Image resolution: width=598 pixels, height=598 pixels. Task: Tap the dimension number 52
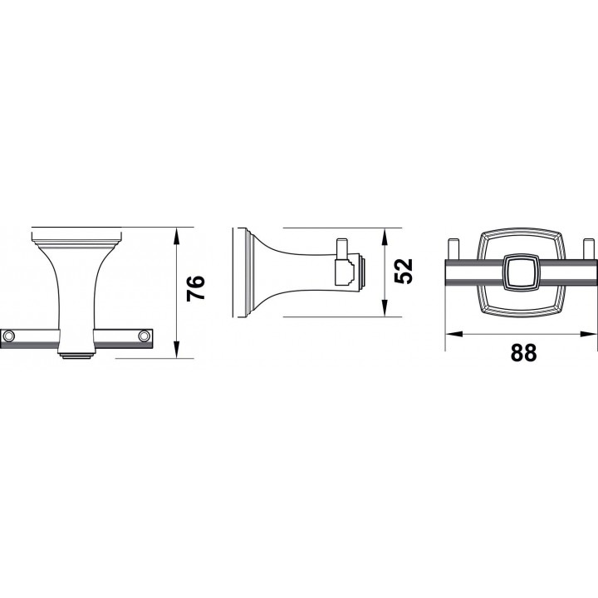click(x=403, y=271)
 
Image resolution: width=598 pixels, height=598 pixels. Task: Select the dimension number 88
click(x=523, y=353)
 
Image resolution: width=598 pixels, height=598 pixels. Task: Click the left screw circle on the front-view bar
click(x=8, y=336)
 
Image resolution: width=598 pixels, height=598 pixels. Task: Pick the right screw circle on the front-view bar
click(x=144, y=336)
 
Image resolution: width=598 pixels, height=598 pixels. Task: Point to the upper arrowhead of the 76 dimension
click(x=176, y=237)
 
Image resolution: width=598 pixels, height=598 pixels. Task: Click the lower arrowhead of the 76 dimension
click(x=176, y=349)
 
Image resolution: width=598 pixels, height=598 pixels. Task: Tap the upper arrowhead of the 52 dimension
click(x=385, y=237)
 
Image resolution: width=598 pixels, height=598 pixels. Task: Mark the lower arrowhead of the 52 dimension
click(x=385, y=308)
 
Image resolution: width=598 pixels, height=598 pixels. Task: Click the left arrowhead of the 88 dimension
click(x=453, y=334)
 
